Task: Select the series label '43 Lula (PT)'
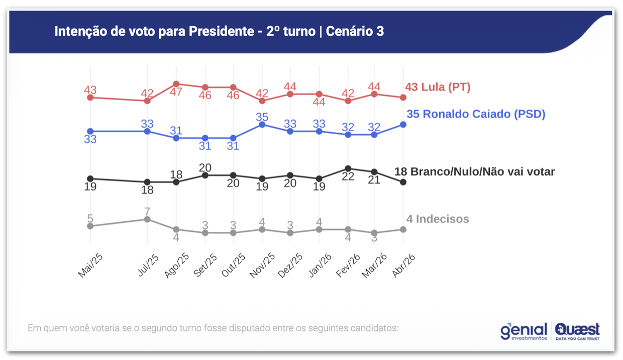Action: pos(438,87)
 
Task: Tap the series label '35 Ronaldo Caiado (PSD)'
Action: pos(476,114)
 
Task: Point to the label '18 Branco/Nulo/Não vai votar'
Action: pos(474,171)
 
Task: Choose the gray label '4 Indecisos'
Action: pos(438,219)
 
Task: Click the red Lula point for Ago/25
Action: pos(176,84)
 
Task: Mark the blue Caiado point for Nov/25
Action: pos(262,124)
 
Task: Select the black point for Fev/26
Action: pos(348,168)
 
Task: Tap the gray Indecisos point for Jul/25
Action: pos(147,219)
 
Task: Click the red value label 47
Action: pos(176,93)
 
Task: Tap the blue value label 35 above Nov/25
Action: pos(262,117)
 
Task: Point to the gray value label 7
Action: pos(147,211)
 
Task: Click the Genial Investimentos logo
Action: pos(524,331)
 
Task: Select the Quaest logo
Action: pos(577,331)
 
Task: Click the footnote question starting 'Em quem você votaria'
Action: pos(213,328)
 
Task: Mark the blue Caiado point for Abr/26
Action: pos(403,124)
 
